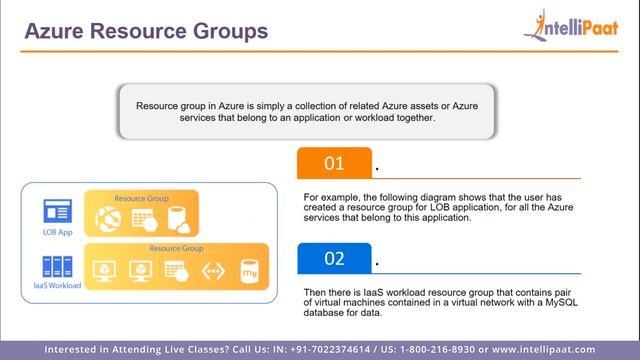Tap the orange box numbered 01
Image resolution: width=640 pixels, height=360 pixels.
(x=334, y=163)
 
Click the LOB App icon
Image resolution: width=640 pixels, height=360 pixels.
(x=56, y=211)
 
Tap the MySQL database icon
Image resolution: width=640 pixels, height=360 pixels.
(x=249, y=270)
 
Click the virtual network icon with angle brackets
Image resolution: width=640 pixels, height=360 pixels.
(x=212, y=270)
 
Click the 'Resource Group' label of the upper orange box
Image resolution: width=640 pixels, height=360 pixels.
(x=142, y=198)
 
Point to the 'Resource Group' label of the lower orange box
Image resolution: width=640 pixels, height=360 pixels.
(x=176, y=247)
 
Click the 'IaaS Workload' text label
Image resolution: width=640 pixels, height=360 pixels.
(x=56, y=286)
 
